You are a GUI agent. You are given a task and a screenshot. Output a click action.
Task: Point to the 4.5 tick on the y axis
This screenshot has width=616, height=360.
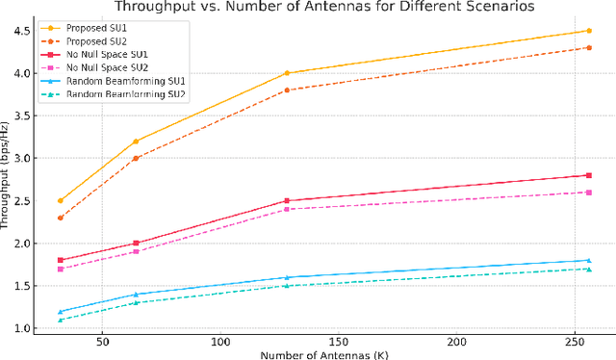pos(19,31)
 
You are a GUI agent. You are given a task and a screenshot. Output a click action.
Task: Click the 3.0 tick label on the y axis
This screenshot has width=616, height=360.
pos(19,158)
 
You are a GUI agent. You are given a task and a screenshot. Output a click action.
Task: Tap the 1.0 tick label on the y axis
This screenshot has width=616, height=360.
pos(19,328)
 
